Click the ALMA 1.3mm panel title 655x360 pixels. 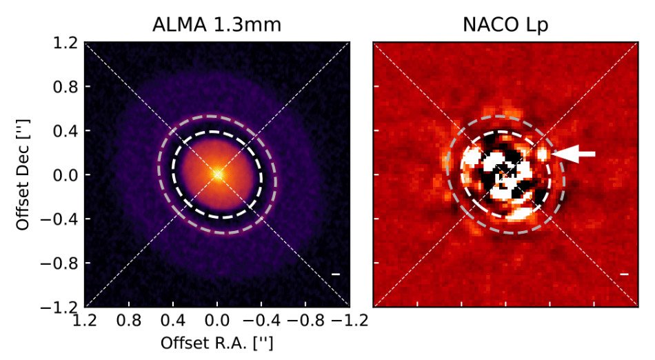[217, 26]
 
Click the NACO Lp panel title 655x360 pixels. [505, 26]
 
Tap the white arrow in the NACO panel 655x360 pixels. [574, 155]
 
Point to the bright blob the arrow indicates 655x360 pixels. [543, 152]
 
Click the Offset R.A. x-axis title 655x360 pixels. [217, 343]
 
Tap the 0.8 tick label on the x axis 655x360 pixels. [130, 321]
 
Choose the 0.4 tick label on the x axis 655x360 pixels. [174, 321]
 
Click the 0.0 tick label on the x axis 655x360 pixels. [218, 321]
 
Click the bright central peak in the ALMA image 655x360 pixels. [217, 174]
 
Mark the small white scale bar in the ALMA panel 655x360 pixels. [336, 274]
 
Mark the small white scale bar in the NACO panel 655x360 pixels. [624, 274]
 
